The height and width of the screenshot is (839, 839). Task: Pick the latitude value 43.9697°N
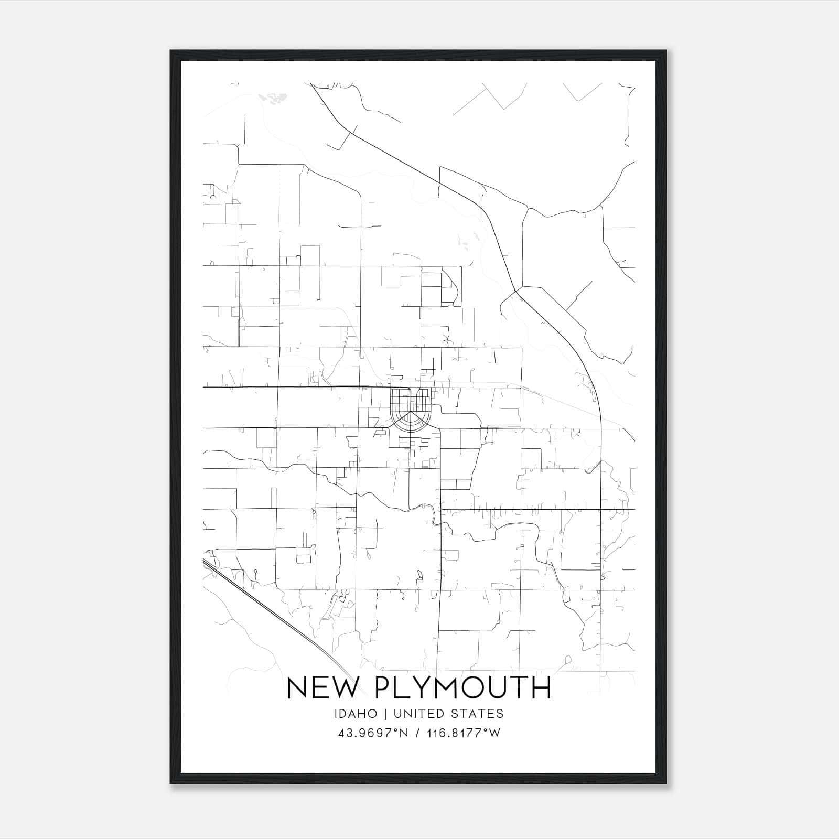tap(373, 733)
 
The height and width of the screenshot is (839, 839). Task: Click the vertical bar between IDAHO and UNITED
tap(385, 714)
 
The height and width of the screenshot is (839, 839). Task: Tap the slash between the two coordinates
tap(416, 733)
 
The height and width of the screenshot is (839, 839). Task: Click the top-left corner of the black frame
tap(171, 51)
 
